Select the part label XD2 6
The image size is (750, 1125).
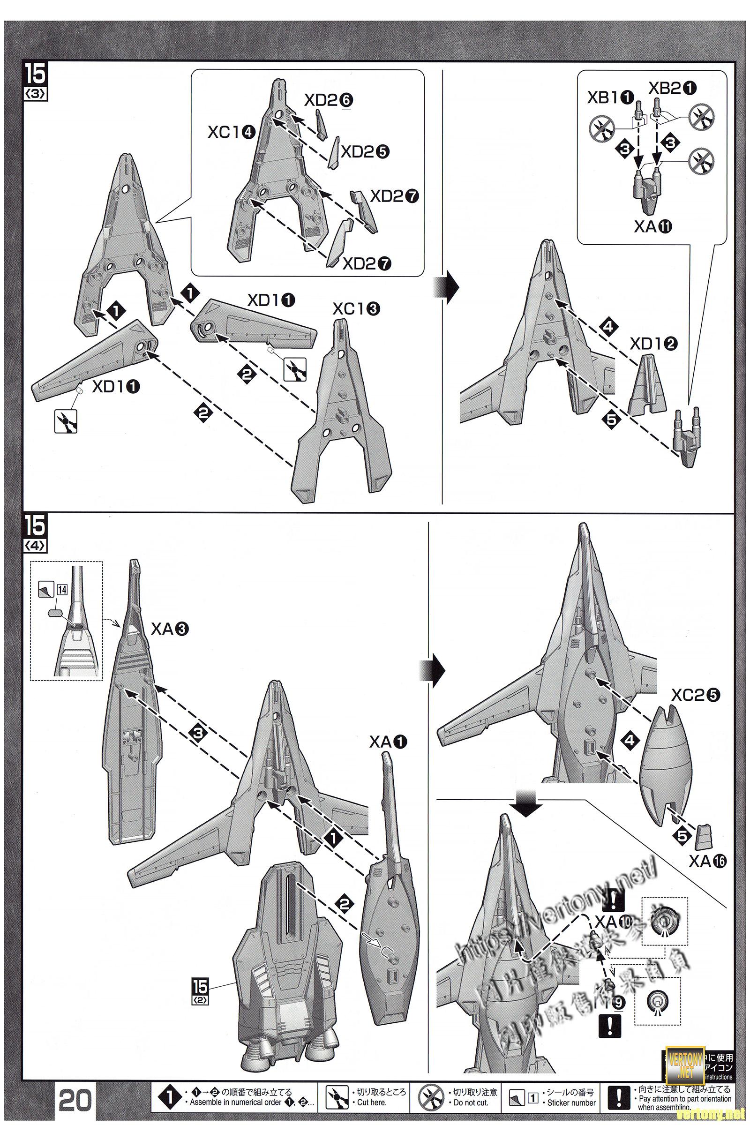(329, 100)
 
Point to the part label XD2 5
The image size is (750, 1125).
(365, 151)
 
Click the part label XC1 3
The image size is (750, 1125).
(357, 309)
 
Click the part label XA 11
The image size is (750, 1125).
(653, 227)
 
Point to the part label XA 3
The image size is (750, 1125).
(170, 630)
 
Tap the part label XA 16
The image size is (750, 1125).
(707, 861)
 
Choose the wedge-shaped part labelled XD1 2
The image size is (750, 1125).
(644, 388)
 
